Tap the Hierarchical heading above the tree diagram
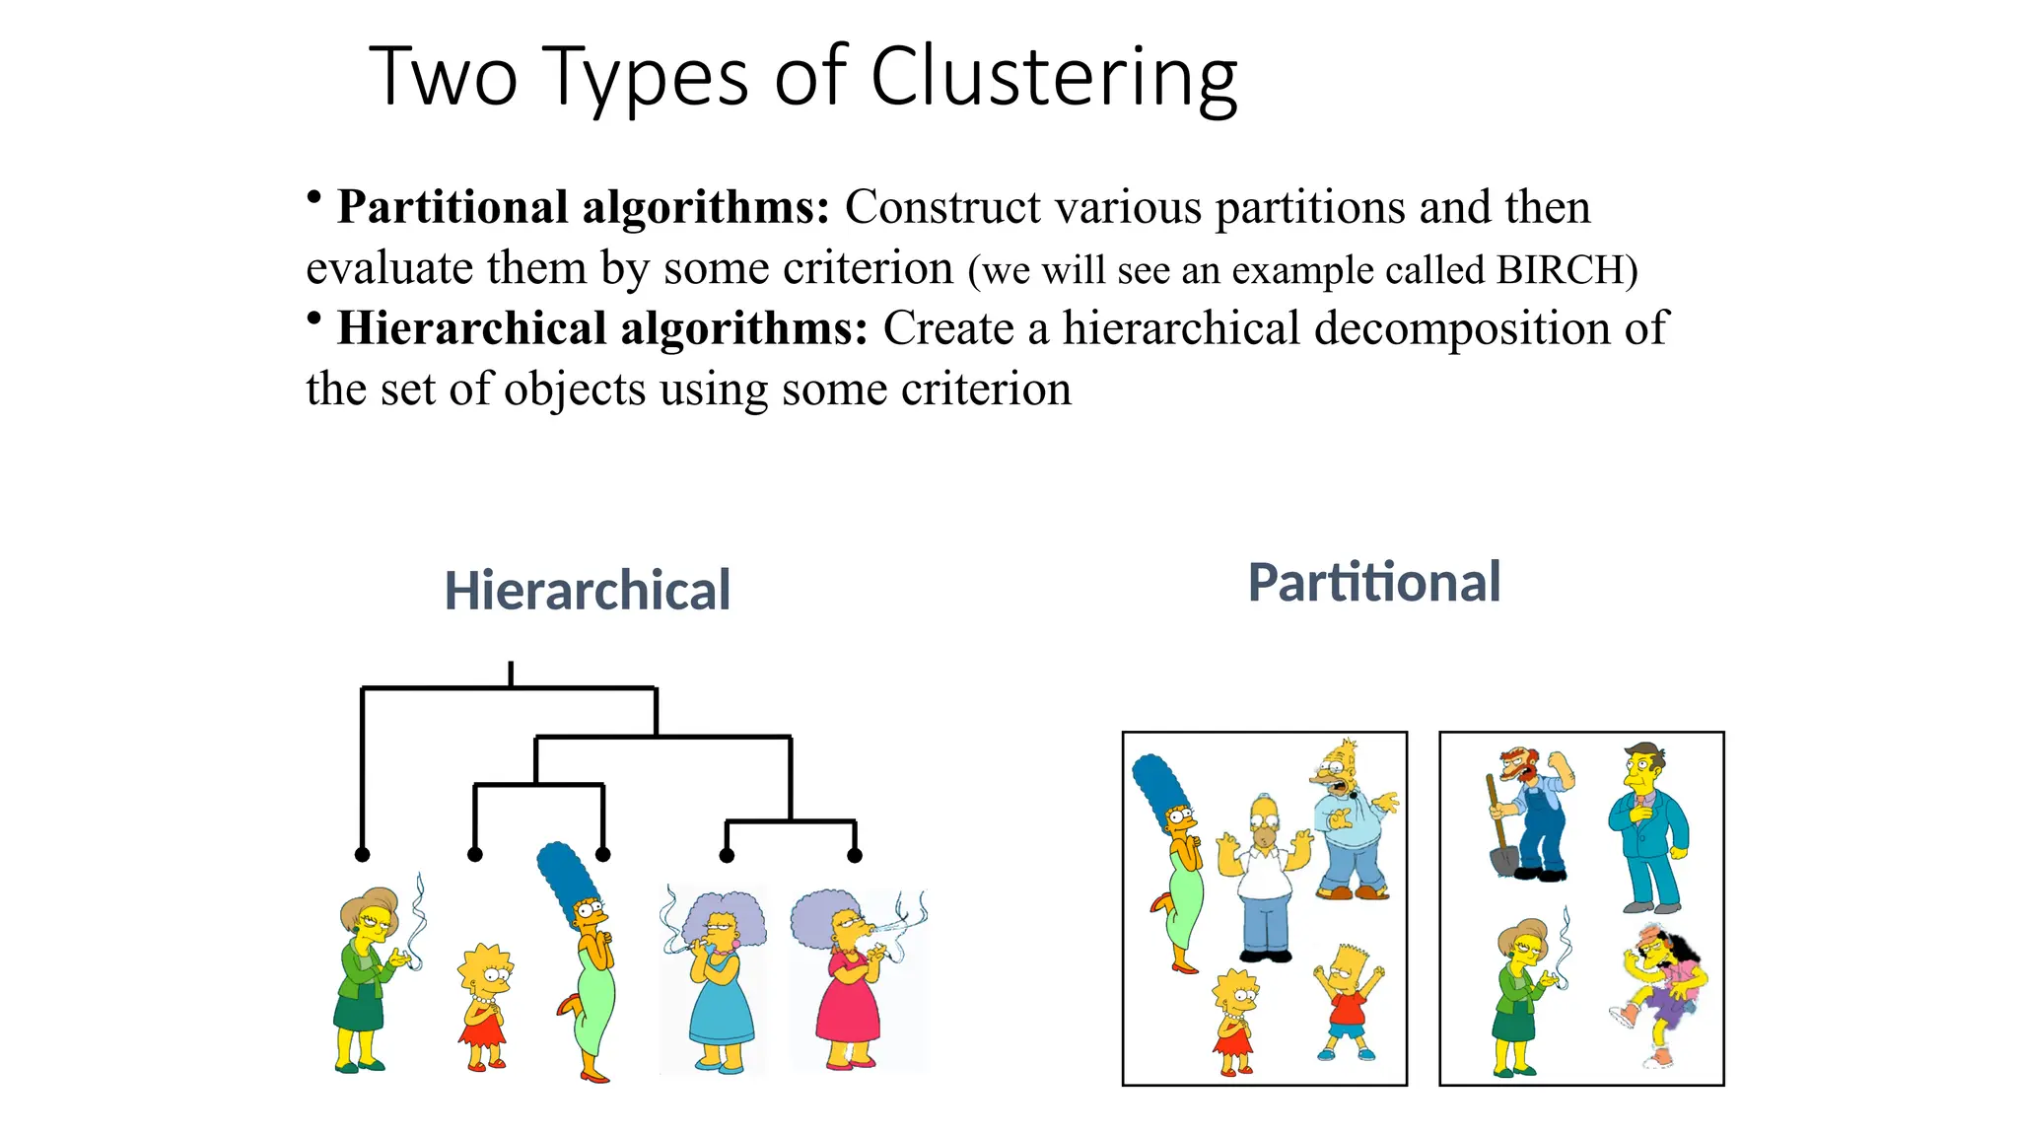[x=588, y=591]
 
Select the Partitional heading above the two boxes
[x=1374, y=582]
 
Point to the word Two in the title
[x=443, y=77]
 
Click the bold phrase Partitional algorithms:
[x=584, y=207]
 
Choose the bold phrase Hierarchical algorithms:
[x=602, y=328]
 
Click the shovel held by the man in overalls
[x=1500, y=838]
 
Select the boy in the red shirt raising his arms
[x=1348, y=1001]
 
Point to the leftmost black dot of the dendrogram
[x=363, y=854]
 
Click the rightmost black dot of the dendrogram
[x=855, y=855]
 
